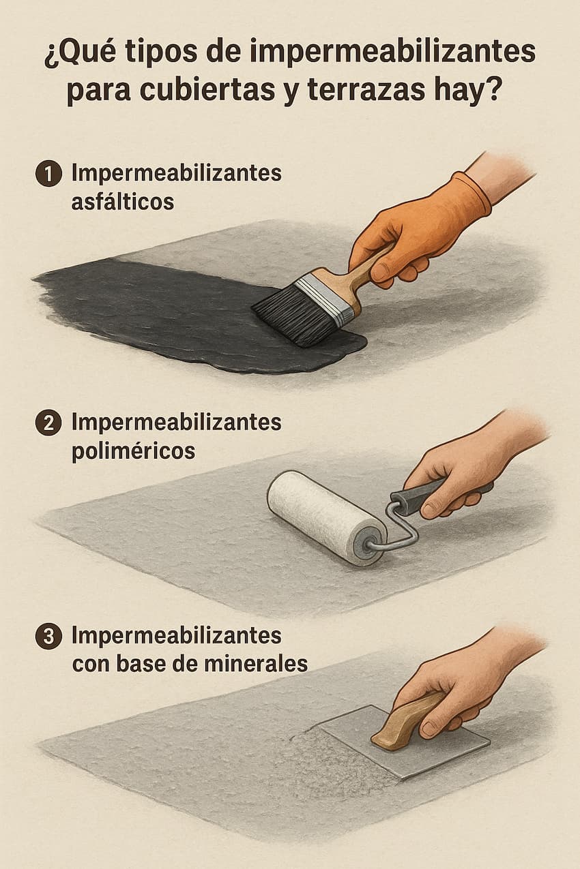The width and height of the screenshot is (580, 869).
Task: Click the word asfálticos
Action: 122,202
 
